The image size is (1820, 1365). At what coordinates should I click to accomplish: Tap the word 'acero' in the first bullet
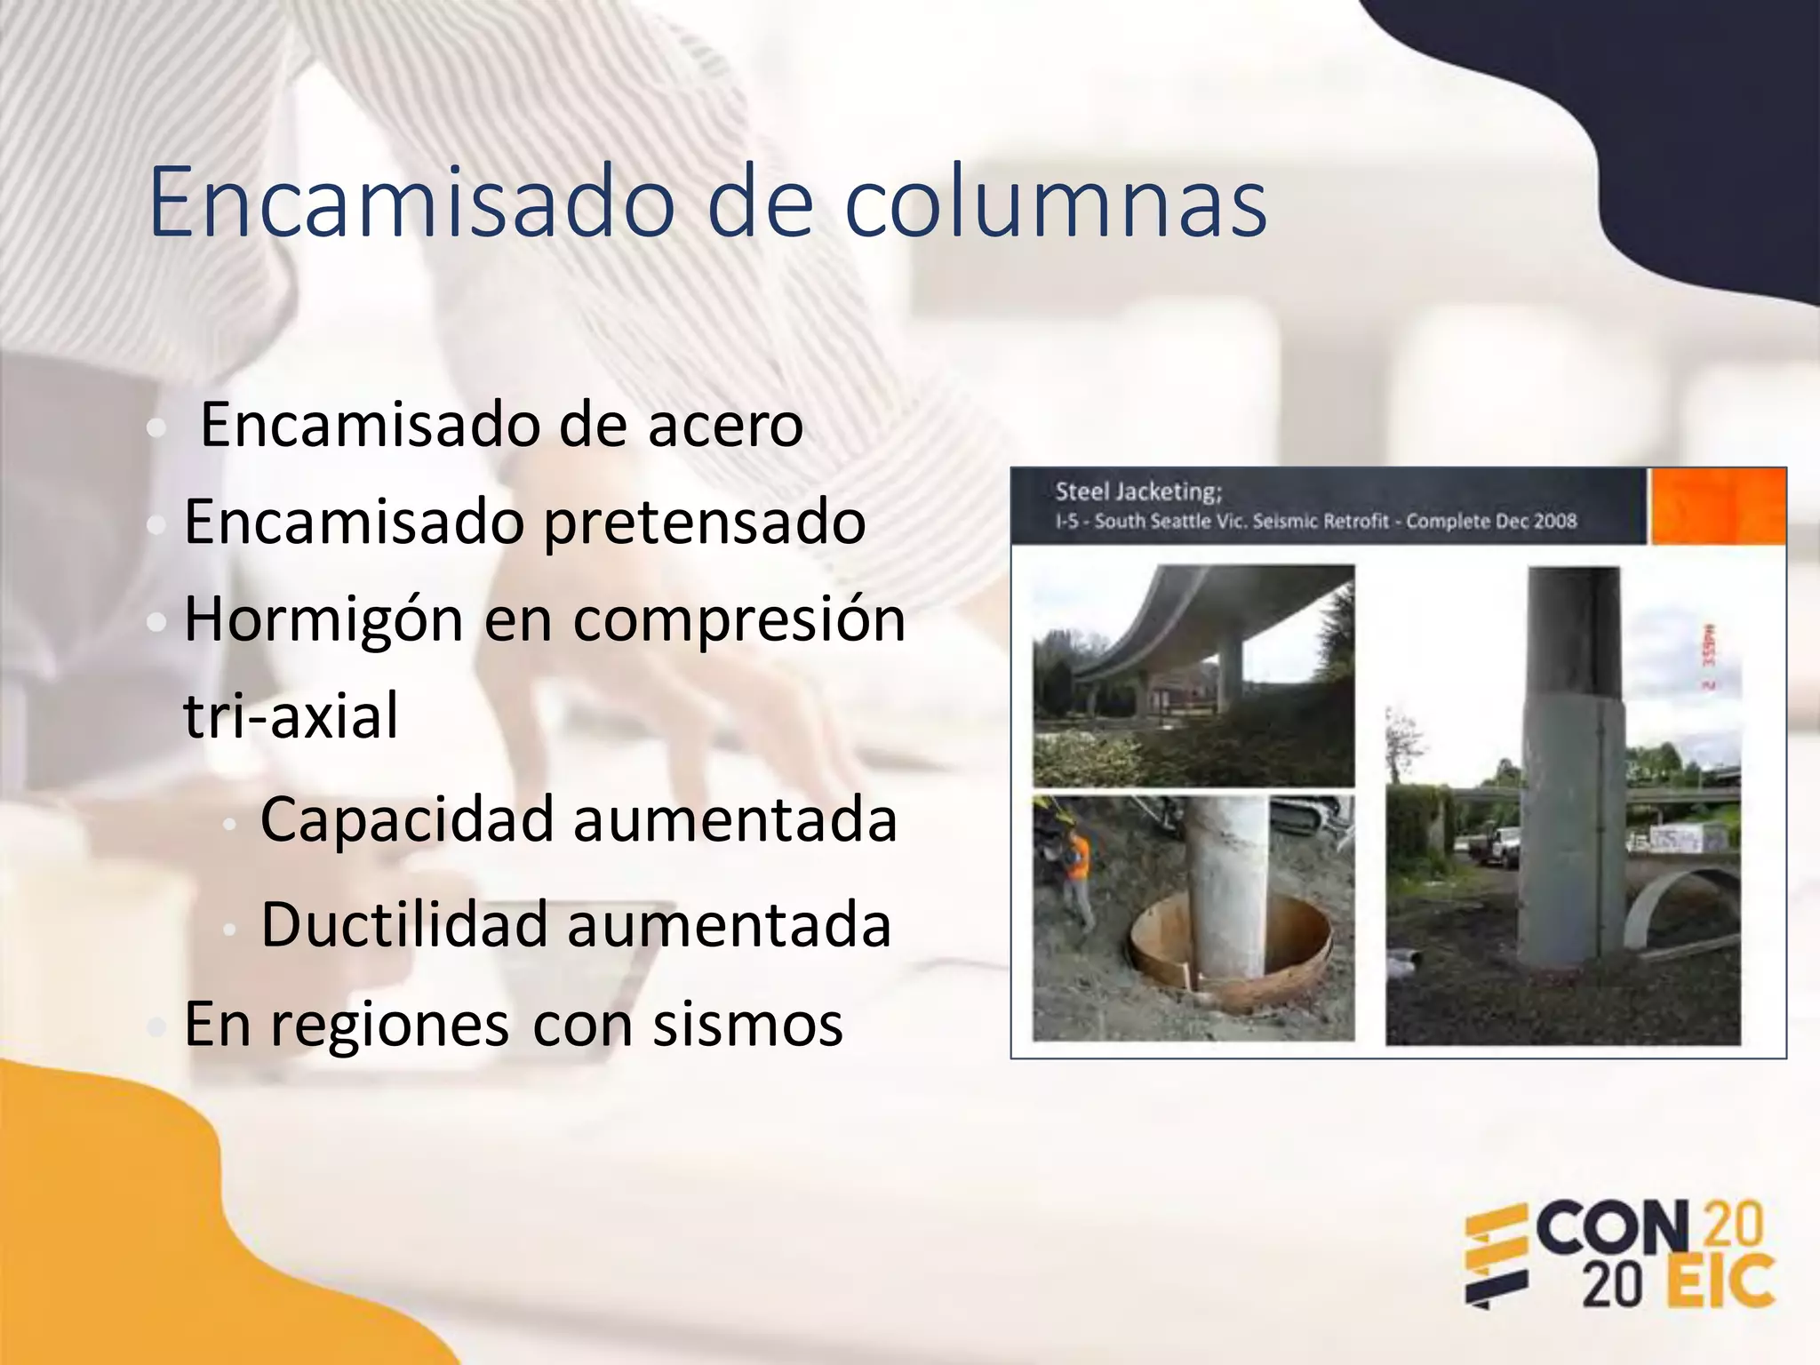[x=725, y=425]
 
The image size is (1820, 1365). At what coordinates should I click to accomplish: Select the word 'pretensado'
[x=704, y=522]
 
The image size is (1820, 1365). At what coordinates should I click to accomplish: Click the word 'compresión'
[x=739, y=619]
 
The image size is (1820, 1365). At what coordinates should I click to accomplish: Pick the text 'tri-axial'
[x=291, y=715]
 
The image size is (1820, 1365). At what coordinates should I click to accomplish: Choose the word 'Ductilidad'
[x=403, y=925]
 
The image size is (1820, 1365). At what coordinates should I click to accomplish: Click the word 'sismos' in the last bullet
[x=747, y=1024]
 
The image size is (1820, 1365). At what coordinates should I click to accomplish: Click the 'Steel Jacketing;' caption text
[x=1138, y=491]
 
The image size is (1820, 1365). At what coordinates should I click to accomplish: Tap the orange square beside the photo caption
[x=1717, y=506]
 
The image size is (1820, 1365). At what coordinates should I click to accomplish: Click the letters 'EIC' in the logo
[x=1719, y=1282]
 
